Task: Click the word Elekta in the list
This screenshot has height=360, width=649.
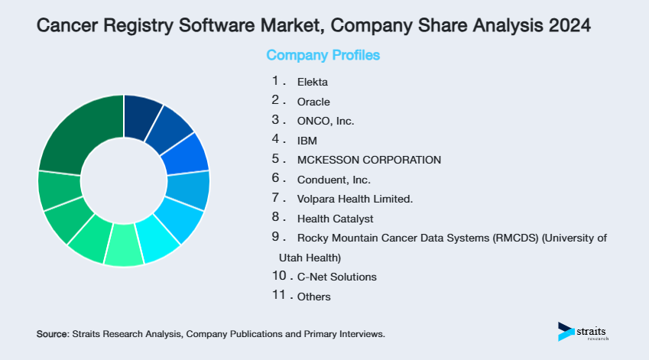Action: tap(312, 81)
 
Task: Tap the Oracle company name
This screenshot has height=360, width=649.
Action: tap(313, 101)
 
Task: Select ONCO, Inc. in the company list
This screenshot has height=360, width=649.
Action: tap(326, 121)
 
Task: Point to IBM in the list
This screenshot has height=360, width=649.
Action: tap(307, 141)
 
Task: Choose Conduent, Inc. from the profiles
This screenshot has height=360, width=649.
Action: tap(333, 180)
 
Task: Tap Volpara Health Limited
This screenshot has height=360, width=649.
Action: tap(355, 199)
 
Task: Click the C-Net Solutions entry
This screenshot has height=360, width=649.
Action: tap(336, 276)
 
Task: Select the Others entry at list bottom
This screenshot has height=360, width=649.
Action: tap(314, 297)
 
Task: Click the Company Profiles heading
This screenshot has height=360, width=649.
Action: tap(323, 56)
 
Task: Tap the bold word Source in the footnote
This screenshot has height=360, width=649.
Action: tap(52, 335)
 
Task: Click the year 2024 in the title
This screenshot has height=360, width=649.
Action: tap(569, 25)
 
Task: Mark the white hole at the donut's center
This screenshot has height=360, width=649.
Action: tap(124, 181)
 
